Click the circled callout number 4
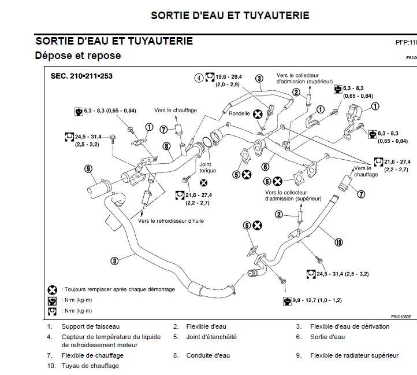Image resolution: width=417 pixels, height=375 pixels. point(198,77)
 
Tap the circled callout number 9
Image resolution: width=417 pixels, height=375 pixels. point(88,169)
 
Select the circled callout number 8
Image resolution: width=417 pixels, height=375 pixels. point(166,146)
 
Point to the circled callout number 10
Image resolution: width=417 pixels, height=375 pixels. point(338,242)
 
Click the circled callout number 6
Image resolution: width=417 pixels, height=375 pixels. point(265,167)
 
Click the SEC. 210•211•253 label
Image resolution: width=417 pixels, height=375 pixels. point(81,76)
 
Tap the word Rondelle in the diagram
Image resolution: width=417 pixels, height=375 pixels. point(240,113)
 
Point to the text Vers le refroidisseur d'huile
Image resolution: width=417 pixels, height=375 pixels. point(171,220)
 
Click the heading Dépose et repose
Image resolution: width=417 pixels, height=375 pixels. point(78,56)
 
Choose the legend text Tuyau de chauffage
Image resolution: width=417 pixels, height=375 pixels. point(90,366)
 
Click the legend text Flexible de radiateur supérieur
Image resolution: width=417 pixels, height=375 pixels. point(363,355)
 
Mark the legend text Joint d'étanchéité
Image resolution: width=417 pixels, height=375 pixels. point(211,337)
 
